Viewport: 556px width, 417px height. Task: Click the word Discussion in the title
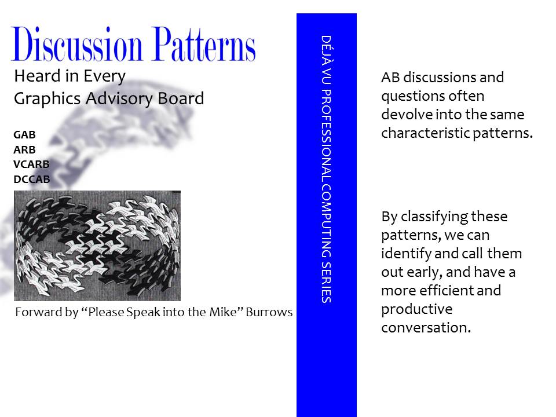click(x=76, y=45)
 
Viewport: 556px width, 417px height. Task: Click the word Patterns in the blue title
click(x=204, y=44)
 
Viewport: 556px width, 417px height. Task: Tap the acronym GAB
click(x=24, y=135)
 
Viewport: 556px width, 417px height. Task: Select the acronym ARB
click(x=24, y=149)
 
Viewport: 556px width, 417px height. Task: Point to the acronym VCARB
click(x=31, y=164)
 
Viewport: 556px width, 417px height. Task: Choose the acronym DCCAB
click(x=31, y=179)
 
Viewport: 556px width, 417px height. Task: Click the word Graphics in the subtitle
click(x=47, y=99)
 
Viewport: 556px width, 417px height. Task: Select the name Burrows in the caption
click(x=269, y=312)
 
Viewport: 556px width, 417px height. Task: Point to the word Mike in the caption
click(x=222, y=312)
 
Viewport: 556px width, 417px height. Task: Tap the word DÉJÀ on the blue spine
click(x=326, y=50)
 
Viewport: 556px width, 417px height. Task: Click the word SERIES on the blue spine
click(x=326, y=282)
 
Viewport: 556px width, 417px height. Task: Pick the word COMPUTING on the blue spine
click(x=326, y=221)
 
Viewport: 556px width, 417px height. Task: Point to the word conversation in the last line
click(x=426, y=328)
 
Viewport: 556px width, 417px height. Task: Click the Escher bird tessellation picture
click(x=97, y=246)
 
